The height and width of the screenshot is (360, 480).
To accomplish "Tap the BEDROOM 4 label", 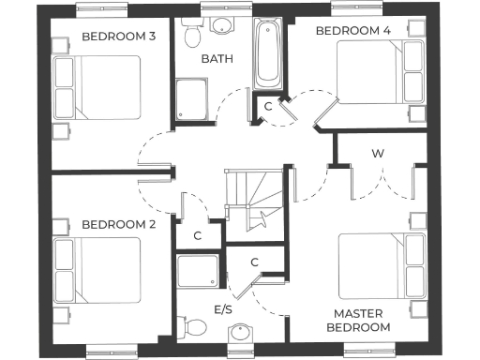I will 353,31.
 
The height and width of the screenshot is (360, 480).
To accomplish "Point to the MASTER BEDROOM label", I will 357,320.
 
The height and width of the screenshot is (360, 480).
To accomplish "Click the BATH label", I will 217,59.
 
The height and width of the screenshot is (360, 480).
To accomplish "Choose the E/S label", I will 223,308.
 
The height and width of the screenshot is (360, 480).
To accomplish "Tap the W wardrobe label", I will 378,153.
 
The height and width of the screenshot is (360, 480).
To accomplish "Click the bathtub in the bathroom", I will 267,54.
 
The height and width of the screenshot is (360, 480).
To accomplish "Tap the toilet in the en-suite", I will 195,327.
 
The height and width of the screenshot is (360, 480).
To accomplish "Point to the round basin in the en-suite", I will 242,334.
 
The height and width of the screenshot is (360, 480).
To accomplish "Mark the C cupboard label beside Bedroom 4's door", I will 267,106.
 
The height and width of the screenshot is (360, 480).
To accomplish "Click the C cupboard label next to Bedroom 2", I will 198,235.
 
